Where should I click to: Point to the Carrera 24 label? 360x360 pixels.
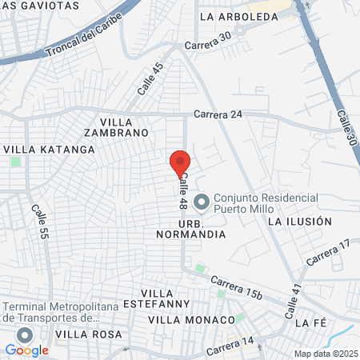pos(218,114)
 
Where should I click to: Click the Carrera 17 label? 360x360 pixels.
pos(328,254)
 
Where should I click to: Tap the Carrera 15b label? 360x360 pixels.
pos(237,287)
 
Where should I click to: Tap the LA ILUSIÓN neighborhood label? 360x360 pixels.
pos(299,221)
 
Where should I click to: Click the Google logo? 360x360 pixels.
pos(26,350)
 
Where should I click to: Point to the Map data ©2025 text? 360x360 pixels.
pos(326,354)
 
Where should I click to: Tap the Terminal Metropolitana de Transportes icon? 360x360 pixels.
pos(26,335)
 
